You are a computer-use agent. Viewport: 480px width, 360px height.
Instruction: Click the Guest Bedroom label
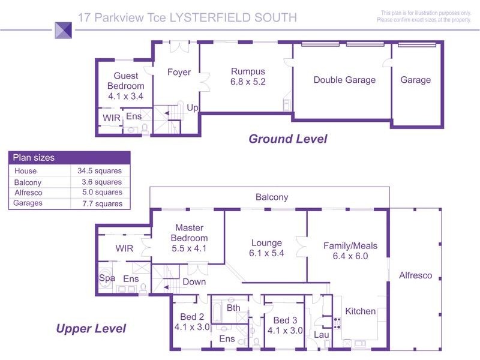pos(126,81)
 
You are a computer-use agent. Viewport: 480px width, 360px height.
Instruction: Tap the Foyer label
pos(179,73)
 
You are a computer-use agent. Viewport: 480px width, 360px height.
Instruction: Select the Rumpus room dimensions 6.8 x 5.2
pos(248,82)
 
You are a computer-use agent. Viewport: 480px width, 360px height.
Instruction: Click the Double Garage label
pos(344,80)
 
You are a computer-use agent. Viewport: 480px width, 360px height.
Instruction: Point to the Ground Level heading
pos(288,139)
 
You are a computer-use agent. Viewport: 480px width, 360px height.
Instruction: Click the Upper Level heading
pos(91,328)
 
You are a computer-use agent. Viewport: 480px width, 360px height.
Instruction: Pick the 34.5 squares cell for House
pos(100,171)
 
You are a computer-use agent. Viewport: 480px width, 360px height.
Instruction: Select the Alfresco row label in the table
pos(27,193)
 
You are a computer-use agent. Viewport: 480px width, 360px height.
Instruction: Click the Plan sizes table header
pos(34,158)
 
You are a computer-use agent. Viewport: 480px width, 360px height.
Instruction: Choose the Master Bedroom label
pos(190,233)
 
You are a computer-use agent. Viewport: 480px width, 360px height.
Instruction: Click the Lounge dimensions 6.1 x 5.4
pos(266,253)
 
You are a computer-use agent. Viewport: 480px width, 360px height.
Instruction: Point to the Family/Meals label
pos(346,245)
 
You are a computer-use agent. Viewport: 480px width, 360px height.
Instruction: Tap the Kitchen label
pos(361,311)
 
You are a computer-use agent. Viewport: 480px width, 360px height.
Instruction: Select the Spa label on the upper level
pos(107,278)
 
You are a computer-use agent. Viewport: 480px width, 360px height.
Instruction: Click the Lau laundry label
pos(322,335)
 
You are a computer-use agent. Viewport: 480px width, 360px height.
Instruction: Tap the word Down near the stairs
pos(194,281)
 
